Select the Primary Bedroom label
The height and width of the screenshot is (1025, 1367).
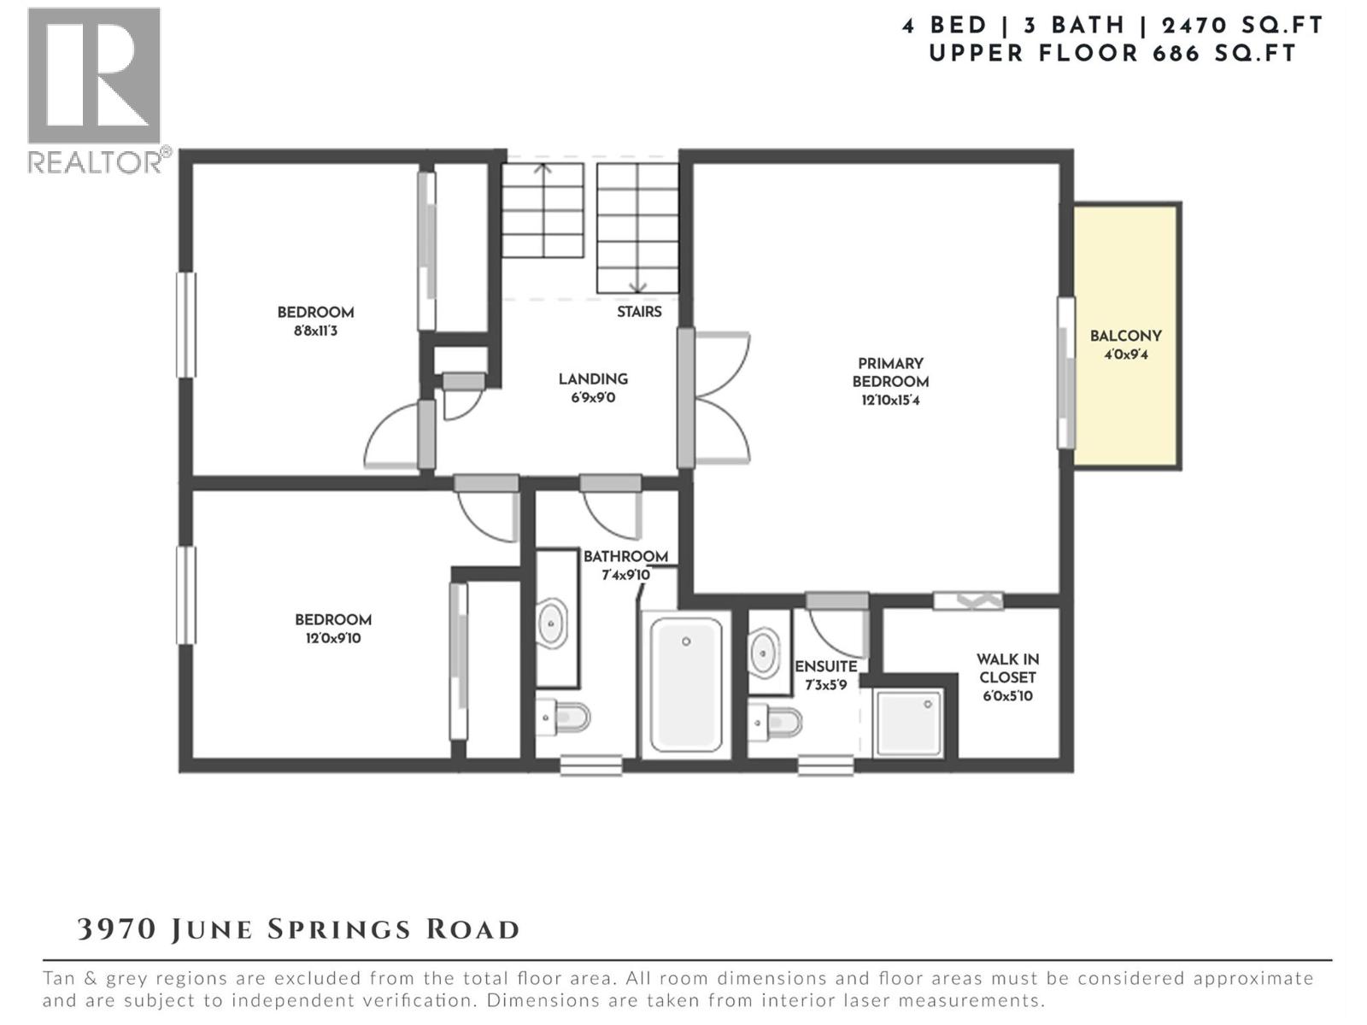tap(890, 381)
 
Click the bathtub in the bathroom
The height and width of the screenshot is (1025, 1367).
tap(686, 683)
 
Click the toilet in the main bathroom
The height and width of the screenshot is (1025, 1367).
tap(564, 717)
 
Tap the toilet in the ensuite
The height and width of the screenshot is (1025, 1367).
tap(776, 723)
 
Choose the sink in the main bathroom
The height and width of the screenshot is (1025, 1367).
tap(552, 624)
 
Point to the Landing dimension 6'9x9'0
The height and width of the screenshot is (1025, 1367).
tap(593, 398)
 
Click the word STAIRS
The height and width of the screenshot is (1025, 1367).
tap(639, 312)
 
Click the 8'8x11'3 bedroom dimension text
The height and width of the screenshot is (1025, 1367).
tap(315, 331)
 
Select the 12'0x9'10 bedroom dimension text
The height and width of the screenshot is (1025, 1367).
tap(333, 638)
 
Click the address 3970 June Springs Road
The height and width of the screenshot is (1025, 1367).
tap(298, 929)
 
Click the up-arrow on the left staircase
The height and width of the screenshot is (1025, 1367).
tap(543, 169)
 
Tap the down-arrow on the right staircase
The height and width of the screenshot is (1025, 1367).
tap(637, 286)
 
